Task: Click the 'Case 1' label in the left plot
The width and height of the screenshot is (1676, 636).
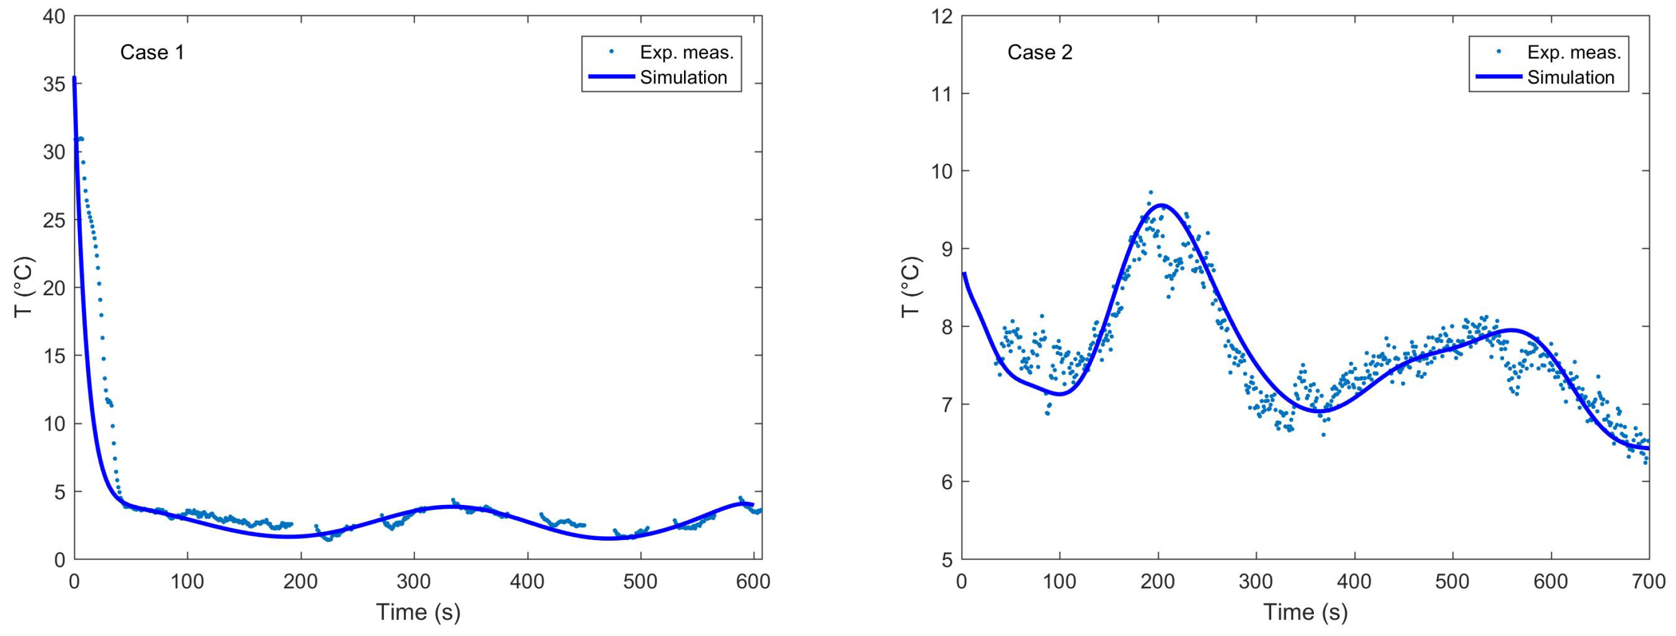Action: (152, 53)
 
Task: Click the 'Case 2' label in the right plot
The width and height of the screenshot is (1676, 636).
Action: (1040, 53)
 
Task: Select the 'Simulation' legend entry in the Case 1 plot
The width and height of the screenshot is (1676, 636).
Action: (683, 77)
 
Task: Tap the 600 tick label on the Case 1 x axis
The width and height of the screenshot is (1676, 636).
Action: (753, 581)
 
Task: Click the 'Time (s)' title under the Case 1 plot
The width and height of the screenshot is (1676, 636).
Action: (418, 613)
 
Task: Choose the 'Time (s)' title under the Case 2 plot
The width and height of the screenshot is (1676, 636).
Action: (1305, 613)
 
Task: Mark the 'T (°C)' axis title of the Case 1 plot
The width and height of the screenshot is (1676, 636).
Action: (23, 288)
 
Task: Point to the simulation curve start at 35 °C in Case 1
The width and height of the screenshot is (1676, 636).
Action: (74, 79)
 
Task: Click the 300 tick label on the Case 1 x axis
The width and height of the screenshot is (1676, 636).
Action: (414, 581)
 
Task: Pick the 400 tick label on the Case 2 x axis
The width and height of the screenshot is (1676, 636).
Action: (1355, 581)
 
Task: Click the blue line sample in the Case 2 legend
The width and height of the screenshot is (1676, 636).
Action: (1498, 77)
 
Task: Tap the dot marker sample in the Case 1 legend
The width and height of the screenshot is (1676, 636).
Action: (611, 51)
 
